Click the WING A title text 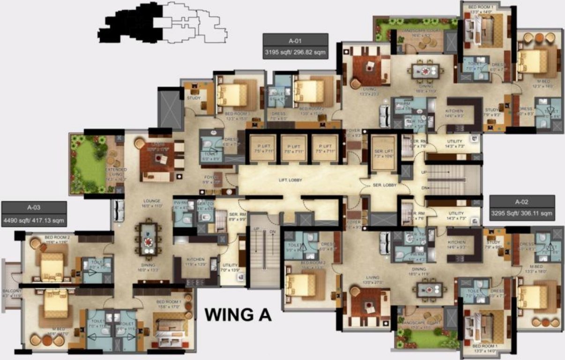point(238,314)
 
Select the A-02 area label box point(522,208)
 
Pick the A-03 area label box point(34,214)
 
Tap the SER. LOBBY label point(385,185)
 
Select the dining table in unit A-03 point(149,240)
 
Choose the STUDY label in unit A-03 point(193,98)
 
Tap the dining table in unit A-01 point(427,71)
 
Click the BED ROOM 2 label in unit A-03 point(57,238)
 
